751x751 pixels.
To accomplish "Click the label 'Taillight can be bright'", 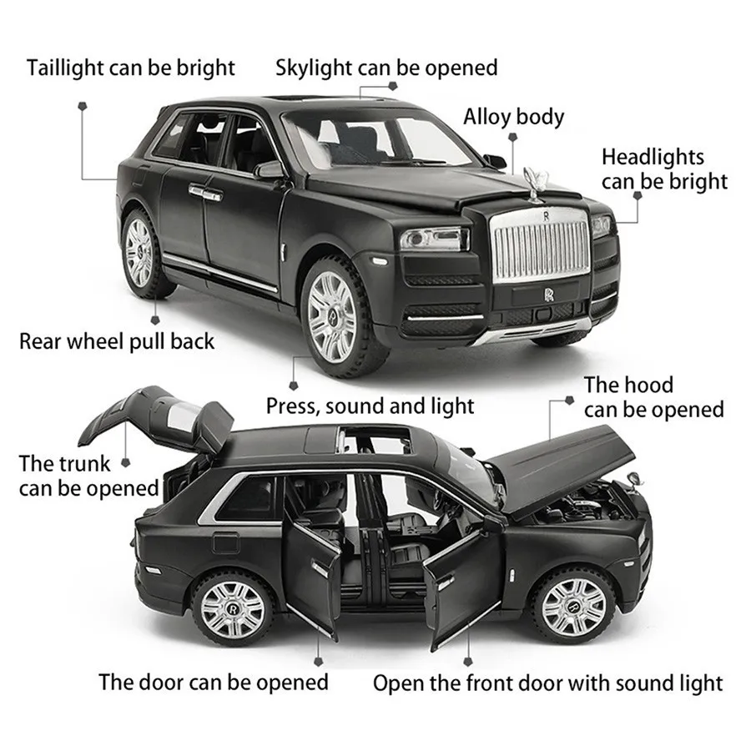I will (x=131, y=68).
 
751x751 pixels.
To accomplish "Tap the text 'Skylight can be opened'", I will (x=386, y=68).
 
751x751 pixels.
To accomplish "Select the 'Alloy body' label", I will (x=514, y=117).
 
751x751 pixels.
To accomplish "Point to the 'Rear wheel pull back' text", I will (x=117, y=340).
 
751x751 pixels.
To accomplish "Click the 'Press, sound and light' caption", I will (x=370, y=406).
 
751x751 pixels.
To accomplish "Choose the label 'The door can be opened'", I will (x=214, y=682).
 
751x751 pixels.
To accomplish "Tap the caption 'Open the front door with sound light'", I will (x=547, y=683).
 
